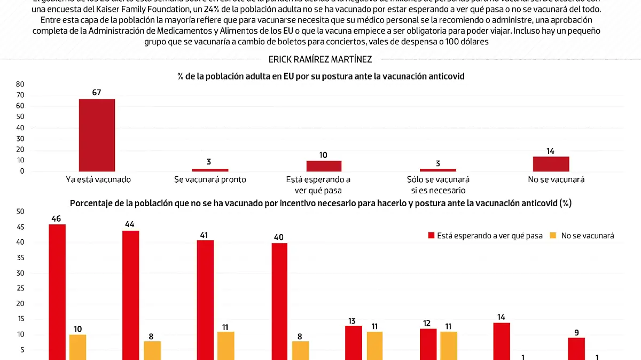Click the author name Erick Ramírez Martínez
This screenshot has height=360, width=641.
pos(320,60)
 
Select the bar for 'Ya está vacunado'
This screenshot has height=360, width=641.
pos(97,135)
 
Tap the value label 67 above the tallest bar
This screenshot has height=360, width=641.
pos(97,93)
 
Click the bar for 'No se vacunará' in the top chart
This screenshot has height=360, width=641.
pos(551,164)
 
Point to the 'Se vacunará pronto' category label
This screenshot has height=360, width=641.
pos(210,179)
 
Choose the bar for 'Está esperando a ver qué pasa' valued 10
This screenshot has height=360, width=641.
pos(324,166)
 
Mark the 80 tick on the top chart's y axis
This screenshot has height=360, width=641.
pos(20,84)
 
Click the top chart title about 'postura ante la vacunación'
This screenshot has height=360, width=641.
pos(320,76)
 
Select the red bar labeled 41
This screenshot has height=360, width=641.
pos(205,300)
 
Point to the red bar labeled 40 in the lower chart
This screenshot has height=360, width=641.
pos(279,301)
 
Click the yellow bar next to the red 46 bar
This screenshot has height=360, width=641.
pos(78,347)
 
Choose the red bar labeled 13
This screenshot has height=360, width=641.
pos(353,342)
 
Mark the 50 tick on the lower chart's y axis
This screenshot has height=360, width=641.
pos(20,212)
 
